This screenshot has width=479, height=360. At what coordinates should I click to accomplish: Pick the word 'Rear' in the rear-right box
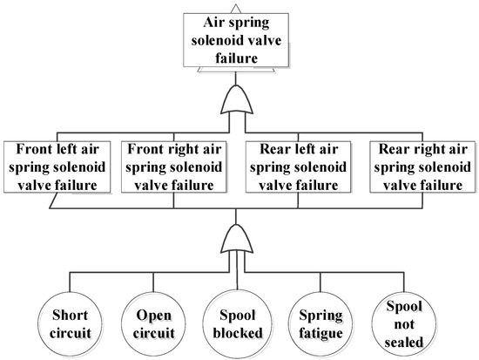click(389, 149)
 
